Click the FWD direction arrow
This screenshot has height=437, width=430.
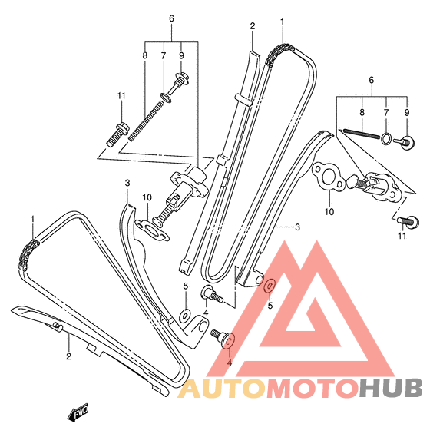pos(78,412)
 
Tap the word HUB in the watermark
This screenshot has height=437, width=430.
pos(390,387)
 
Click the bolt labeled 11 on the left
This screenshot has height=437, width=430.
pos(117,134)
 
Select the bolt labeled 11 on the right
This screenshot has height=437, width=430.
pos(408,221)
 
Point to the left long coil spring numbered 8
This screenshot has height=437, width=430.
pos(146,121)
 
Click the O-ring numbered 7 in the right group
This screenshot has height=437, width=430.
pos(386,138)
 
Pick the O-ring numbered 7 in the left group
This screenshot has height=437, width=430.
pos(166,98)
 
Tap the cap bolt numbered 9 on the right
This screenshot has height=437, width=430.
pos(405,142)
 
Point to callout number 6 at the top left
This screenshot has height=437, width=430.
pos(171,18)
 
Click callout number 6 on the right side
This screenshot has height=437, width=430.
pos(371,81)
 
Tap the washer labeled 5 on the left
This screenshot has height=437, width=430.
pos(184,315)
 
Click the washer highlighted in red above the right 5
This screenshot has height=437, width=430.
pos(270,286)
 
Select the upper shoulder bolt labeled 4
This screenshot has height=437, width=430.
pos(211,294)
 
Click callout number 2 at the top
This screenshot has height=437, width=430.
pos(253,26)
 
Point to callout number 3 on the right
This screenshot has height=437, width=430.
pos(298,227)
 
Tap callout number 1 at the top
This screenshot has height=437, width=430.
pos(283,22)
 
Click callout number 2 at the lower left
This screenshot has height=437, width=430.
pos(69,356)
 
